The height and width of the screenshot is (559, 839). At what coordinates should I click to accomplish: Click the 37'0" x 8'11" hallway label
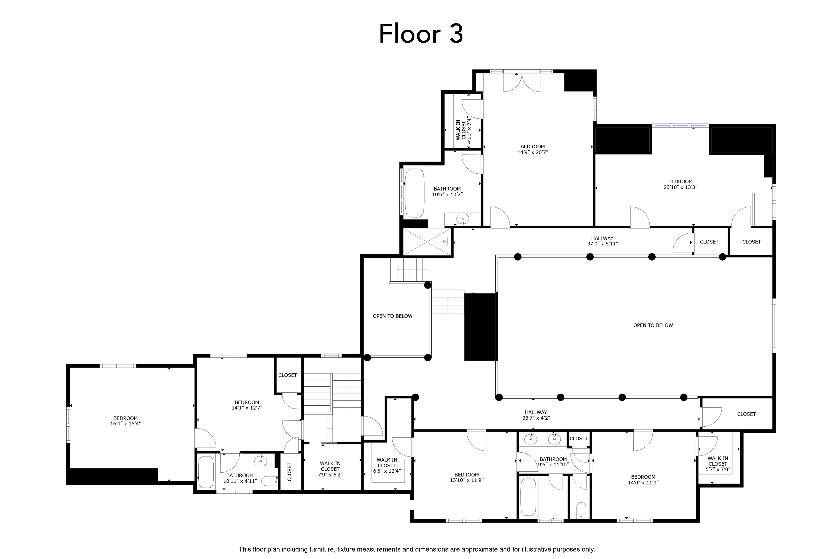[x=602, y=241]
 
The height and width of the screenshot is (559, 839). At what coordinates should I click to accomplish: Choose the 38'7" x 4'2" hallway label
[x=536, y=415]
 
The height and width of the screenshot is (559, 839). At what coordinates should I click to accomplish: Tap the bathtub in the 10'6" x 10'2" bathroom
[x=414, y=193]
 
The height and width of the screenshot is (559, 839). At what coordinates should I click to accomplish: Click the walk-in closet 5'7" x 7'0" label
[x=718, y=464]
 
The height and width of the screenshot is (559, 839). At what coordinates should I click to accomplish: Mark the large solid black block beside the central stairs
[x=480, y=327]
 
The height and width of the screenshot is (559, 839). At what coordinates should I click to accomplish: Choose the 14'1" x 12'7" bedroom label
[x=247, y=405]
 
